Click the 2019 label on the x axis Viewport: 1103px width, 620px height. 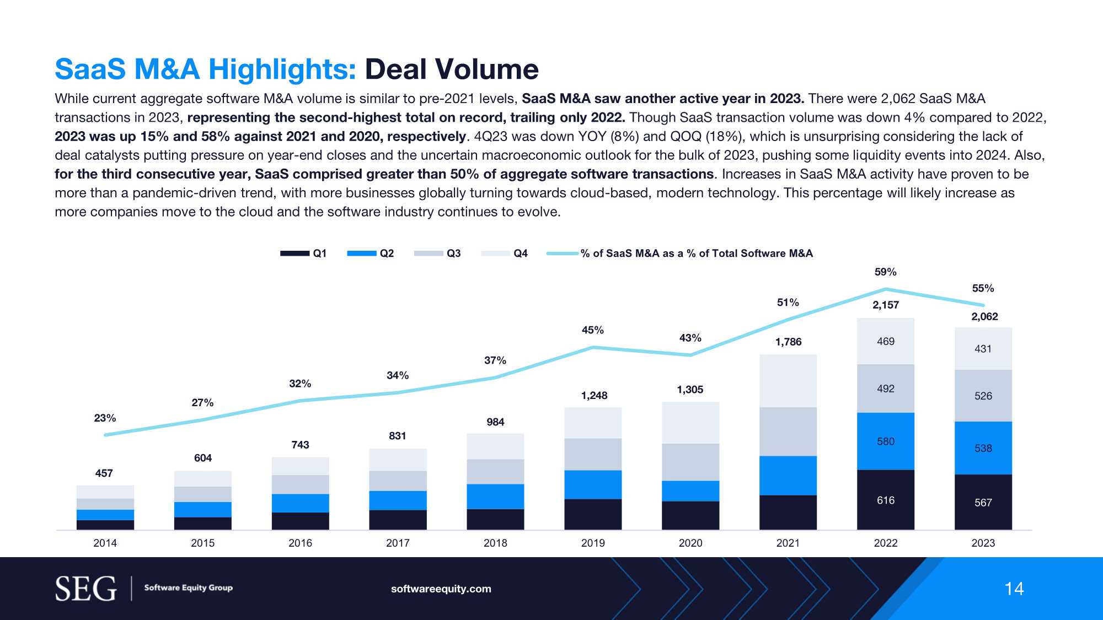(x=593, y=543)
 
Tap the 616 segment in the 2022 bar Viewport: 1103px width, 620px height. (x=886, y=500)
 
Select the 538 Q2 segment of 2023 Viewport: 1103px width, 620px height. (x=983, y=448)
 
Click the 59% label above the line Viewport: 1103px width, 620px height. (x=885, y=272)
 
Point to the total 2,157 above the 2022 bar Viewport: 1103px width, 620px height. (x=885, y=305)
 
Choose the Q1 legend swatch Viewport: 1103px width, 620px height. (x=295, y=254)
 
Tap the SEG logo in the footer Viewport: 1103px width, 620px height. (x=86, y=589)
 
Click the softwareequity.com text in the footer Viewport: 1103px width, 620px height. (x=441, y=589)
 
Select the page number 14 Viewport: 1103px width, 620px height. (x=1014, y=589)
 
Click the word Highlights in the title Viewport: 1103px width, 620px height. (x=282, y=69)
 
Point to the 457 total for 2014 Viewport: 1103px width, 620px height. (x=104, y=473)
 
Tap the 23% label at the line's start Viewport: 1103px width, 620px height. (x=105, y=418)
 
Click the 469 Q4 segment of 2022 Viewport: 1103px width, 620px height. (x=886, y=341)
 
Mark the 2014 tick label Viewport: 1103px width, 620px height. (x=105, y=543)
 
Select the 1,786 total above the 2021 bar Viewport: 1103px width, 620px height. (x=788, y=342)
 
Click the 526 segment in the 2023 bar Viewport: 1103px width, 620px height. (x=983, y=396)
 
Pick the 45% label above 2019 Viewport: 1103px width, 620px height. (x=592, y=330)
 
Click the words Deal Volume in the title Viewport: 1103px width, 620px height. (x=452, y=69)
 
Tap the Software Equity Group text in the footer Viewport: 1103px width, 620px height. (x=188, y=587)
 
